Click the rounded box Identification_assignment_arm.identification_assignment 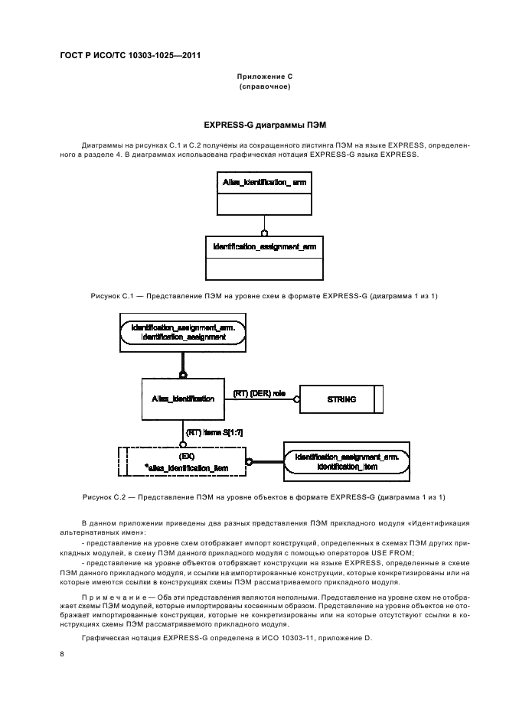[x=183, y=332]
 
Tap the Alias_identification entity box [x=183, y=399]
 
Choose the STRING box [x=337, y=399]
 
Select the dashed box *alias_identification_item [x=183, y=461]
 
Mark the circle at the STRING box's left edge [x=298, y=399]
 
